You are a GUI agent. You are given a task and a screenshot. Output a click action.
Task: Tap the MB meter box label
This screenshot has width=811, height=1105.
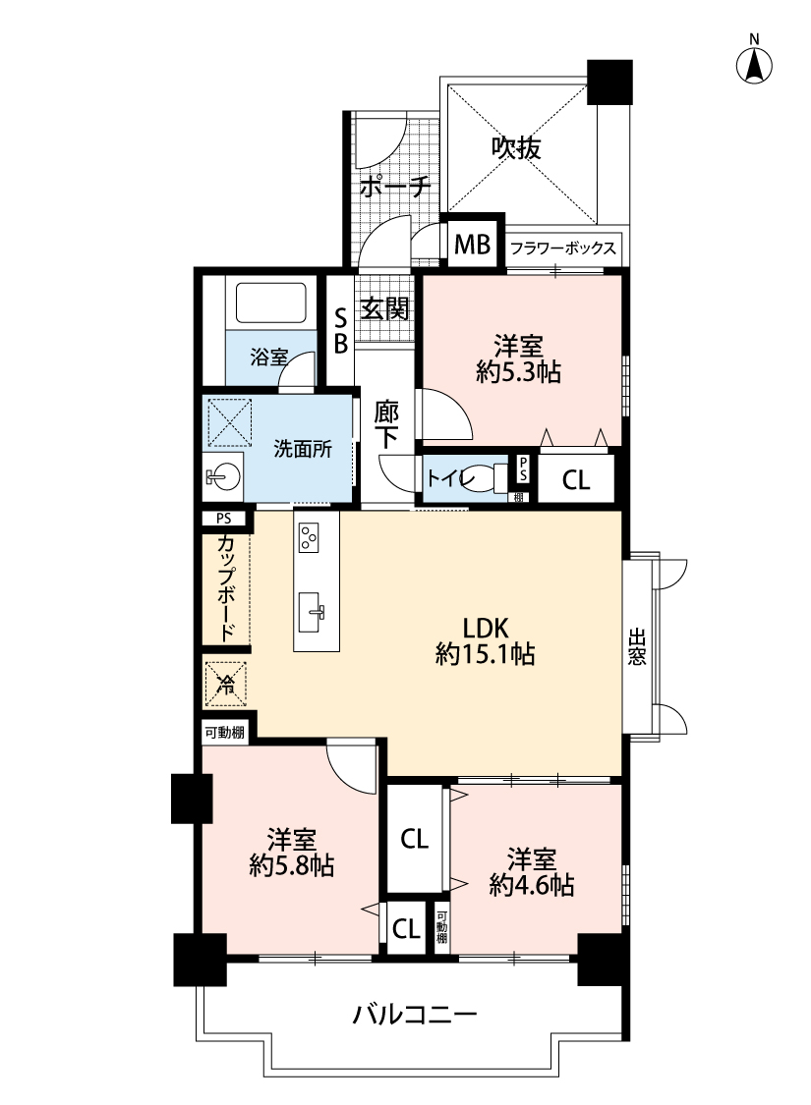[472, 245]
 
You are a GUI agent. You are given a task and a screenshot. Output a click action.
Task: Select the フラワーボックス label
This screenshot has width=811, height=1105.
[562, 249]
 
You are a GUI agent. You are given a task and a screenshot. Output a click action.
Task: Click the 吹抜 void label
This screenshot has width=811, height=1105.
[516, 148]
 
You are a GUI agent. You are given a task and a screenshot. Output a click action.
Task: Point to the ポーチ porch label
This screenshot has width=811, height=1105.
[395, 188]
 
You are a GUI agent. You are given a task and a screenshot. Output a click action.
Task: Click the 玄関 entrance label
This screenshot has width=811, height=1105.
[384, 308]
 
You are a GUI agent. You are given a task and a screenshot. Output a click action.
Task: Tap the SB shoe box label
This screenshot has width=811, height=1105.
[340, 331]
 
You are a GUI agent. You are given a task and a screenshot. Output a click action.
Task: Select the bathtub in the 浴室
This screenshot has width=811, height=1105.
[270, 304]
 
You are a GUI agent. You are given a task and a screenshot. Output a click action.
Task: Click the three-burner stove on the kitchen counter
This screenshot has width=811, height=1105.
[309, 537]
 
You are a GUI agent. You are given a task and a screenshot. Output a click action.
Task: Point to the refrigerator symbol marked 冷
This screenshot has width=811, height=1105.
[226, 683]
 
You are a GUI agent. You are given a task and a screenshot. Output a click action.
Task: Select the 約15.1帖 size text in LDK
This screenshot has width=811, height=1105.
[486, 655]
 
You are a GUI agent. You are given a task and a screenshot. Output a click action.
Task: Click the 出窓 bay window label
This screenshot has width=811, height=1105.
[637, 647]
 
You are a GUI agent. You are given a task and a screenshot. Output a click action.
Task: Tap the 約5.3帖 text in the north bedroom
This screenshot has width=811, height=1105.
[518, 372]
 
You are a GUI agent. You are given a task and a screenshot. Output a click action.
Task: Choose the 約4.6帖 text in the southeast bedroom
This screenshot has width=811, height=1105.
[532, 884]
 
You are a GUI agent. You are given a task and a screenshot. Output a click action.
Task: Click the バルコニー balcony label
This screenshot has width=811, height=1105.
[415, 1015]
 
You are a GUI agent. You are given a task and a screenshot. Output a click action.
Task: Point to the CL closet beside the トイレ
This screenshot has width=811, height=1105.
[575, 480]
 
